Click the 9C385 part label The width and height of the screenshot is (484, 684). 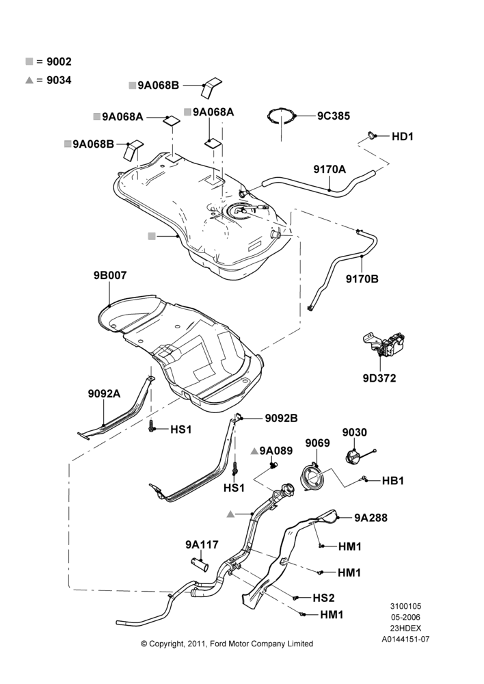click(334, 116)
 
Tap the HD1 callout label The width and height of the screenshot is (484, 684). click(403, 137)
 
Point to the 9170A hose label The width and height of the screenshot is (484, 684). click(330, 169)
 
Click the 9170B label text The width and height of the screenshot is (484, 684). click(362, 279)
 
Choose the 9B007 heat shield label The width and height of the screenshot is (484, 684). click(110, 275)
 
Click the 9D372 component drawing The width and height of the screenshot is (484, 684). click(384, 345)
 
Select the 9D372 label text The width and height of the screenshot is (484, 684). click(379, 378)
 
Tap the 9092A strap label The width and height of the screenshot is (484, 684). click(104, 394)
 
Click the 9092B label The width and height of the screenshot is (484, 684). click(281, 419)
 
